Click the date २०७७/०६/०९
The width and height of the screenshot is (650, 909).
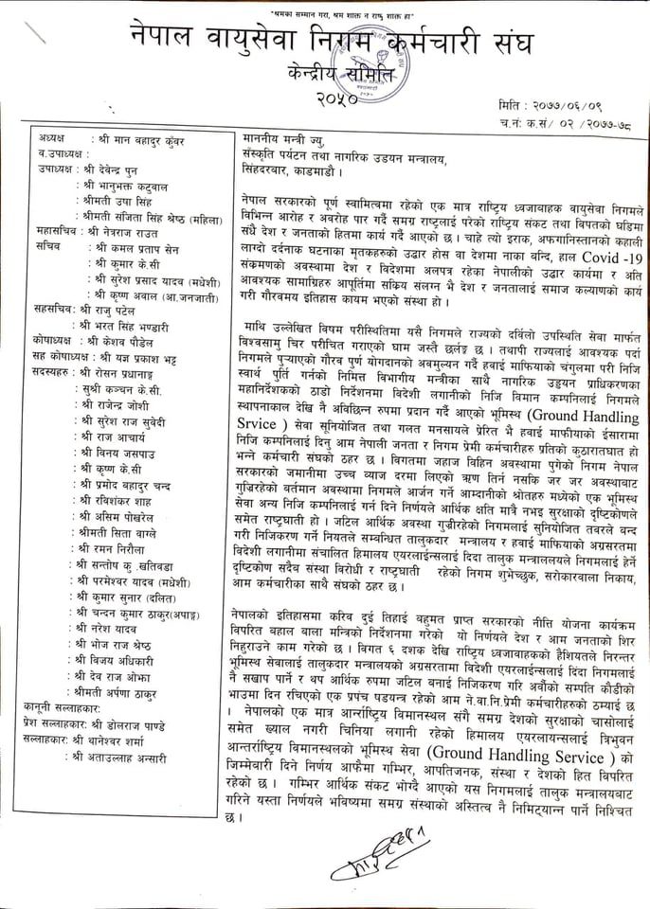point(569,102)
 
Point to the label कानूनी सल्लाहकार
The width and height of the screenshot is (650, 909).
point(68,722)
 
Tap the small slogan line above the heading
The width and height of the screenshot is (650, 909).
point(324,16)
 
